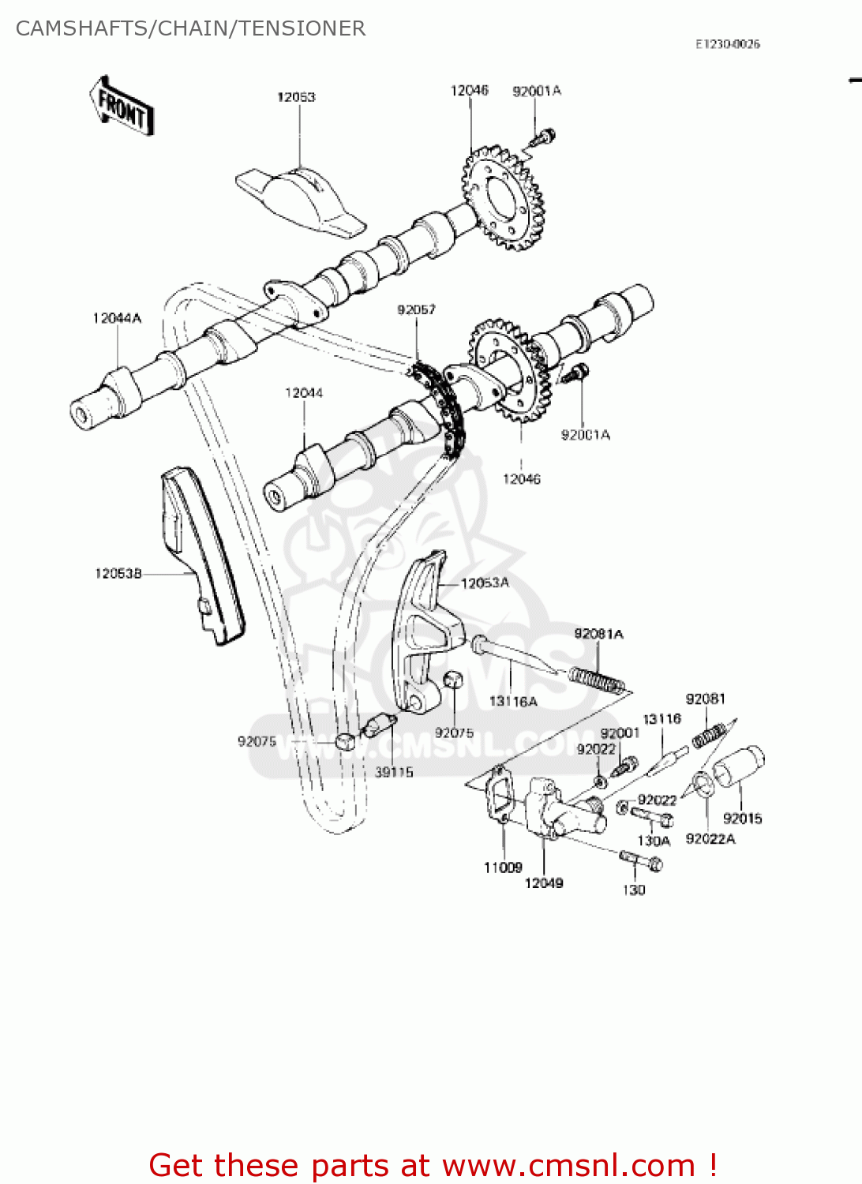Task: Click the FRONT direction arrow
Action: [x=121, y=106]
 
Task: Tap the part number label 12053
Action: [x=296, y=97]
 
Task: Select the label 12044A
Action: [x=117, y=318]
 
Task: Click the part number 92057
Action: [x=416, y=309]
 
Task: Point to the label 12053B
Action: [x=118, y=573]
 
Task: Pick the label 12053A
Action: [x=485, y=583]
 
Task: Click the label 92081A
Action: [x=598, y=634]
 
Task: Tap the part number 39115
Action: [x=393, y=772]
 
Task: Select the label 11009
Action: [x=503, y=867]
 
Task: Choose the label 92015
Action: [x=742, y=819]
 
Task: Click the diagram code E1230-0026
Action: [x=727, y=44]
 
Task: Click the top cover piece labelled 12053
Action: [x=300, y=199]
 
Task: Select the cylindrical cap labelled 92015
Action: [x=740, y=764]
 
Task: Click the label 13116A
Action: [x=513, y=701]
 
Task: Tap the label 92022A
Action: [x=710, y=838]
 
